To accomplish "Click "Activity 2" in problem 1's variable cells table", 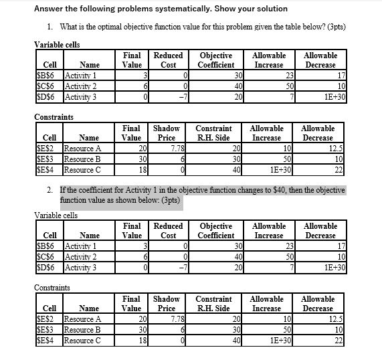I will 80,85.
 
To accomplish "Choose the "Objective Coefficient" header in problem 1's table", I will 216,60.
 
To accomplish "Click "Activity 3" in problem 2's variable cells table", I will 80,267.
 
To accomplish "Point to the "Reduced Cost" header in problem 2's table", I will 168,231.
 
